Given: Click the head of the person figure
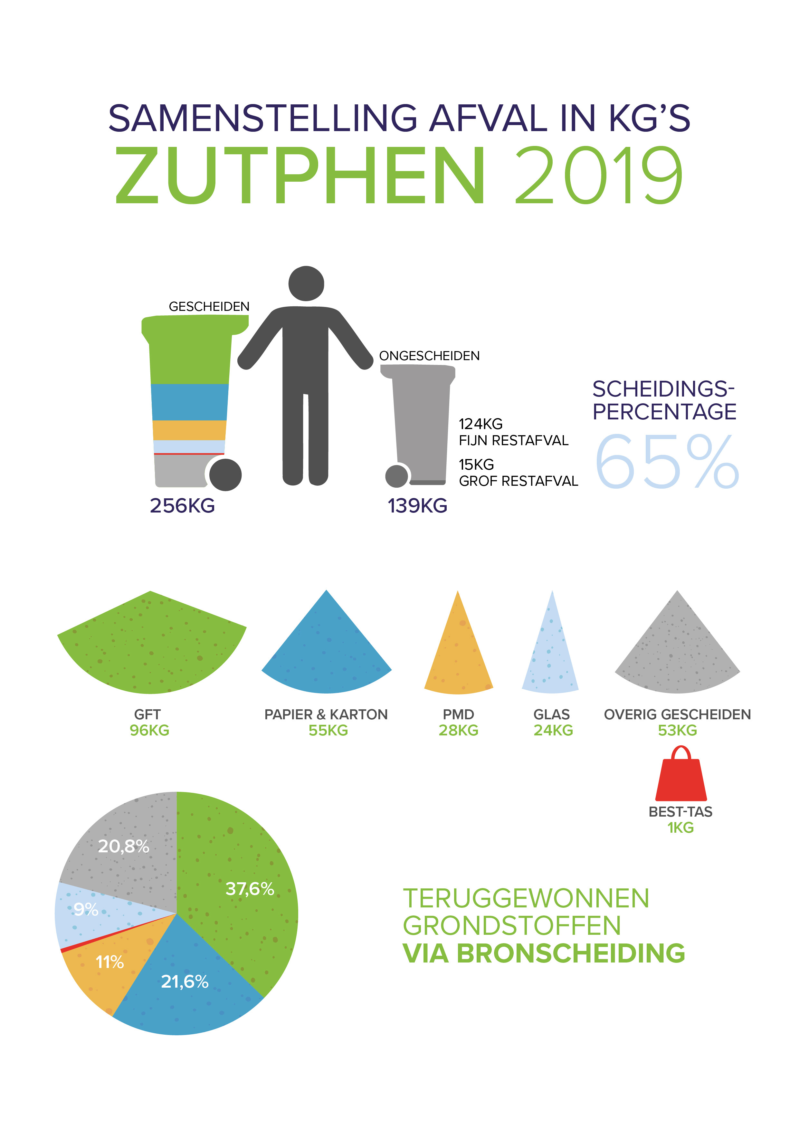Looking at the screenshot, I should tap(306, 283).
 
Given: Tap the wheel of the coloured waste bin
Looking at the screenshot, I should tap(225, 474).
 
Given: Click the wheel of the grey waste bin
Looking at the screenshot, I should tap(396, 476).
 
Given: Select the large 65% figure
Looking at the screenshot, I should tap(667, 463).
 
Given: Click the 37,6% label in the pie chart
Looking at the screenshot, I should tap(250, 889).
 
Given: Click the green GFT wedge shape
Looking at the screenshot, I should tap(152, 645).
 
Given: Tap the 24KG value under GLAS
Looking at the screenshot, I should tap(554, 730).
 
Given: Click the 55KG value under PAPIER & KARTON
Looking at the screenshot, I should tap(328, 730).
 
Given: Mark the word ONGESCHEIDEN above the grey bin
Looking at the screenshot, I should tap(429, 356).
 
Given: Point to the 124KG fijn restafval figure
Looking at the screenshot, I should tap(481, 424).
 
